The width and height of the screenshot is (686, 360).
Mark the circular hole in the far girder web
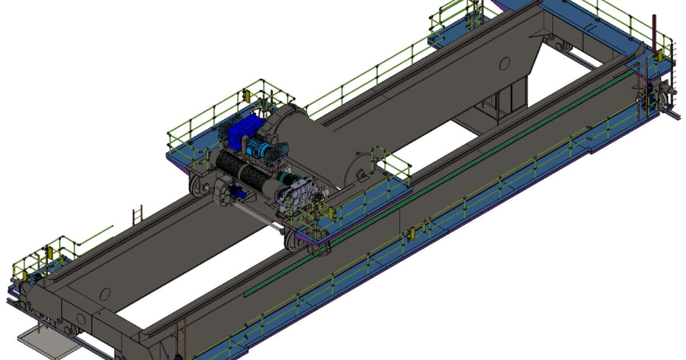[504, 63]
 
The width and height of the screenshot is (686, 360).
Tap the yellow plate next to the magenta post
[659, 55]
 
